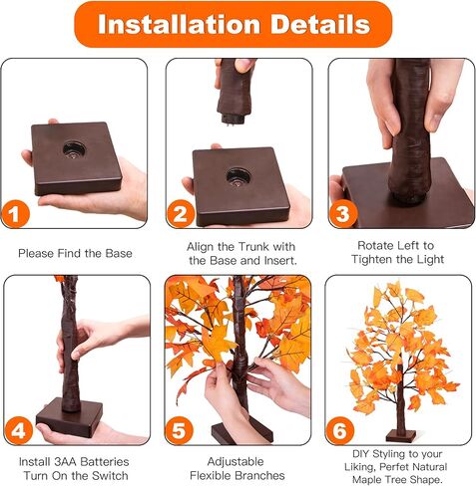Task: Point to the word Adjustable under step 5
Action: (x=237, y=461)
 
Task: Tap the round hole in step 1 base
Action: (x=75, y=149)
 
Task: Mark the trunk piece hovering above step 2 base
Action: (x=236, y=90)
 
